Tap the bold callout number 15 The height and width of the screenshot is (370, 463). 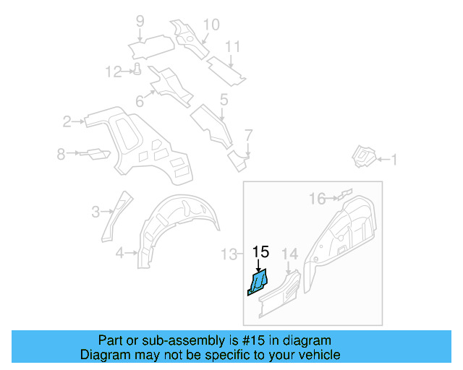[260, 252]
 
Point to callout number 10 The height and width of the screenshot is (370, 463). [210, 25]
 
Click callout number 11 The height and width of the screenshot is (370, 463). [231, 47]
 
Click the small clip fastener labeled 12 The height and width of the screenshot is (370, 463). [136, 69]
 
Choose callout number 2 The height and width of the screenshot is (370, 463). [67, 121]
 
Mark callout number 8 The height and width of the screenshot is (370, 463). [61, 153]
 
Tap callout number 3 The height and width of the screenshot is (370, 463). [95, 212]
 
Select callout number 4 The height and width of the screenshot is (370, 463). [120, 252]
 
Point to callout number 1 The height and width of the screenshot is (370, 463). [394, 160]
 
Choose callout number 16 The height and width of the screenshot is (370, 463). [318, 198]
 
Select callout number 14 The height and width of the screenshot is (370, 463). [289, 253]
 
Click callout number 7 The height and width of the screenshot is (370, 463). [248, 135]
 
